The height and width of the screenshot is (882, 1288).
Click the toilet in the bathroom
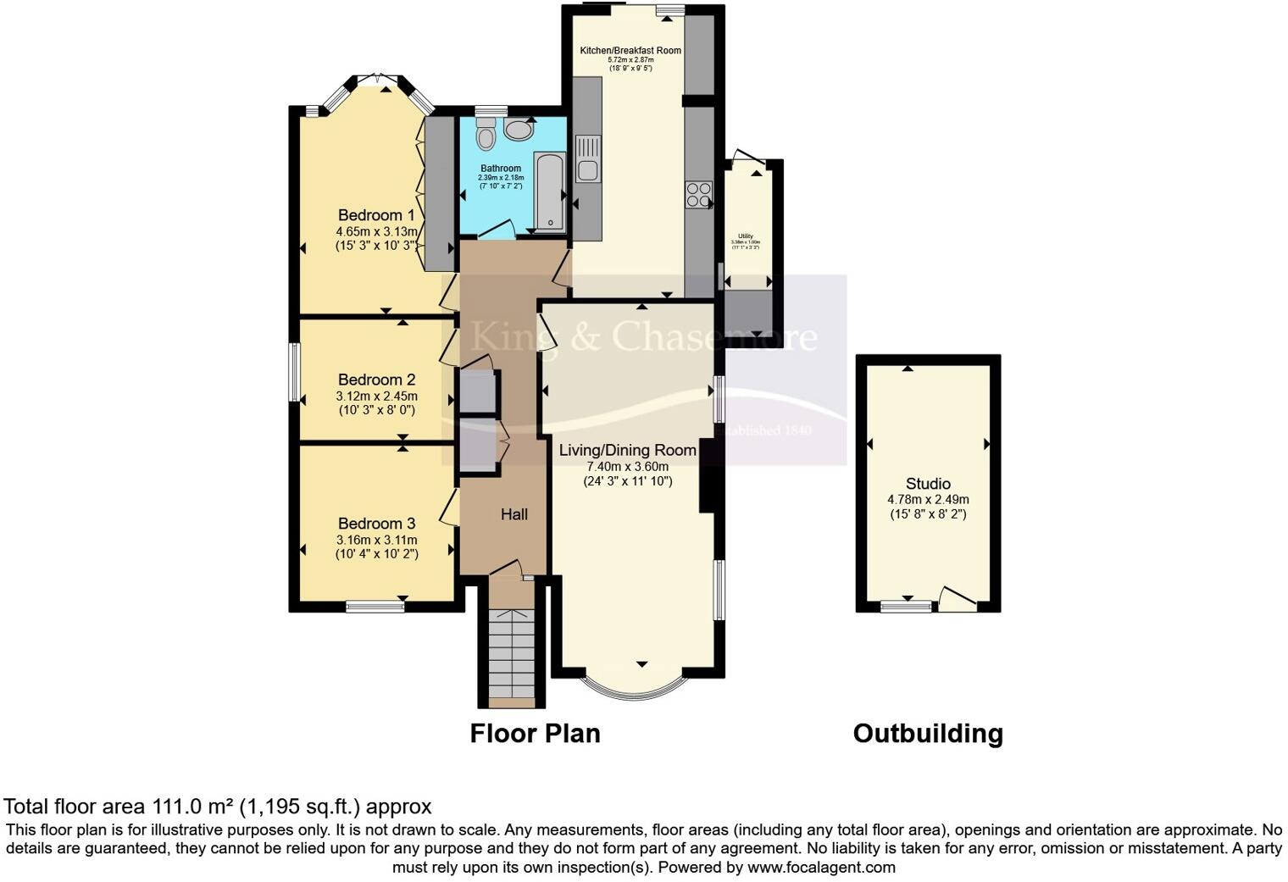point(486,135)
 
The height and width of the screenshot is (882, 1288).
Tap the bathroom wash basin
point(518,130)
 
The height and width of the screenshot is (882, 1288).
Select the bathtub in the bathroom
point(550,192)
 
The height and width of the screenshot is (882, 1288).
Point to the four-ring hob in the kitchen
point(699,195)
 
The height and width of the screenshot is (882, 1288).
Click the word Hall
point(514,514)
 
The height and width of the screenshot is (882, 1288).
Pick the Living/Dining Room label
point(627,450)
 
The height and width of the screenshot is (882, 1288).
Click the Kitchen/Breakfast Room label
point(630,50)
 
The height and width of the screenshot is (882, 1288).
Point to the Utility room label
point(746,236)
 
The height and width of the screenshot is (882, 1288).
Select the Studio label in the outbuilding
point(928,484)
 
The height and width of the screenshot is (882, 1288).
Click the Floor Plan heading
point(535,733)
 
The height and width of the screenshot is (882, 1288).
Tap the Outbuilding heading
point(928,733)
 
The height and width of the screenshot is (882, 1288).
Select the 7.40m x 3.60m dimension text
point(627,467)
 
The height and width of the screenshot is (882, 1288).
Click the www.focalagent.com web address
point(821,867)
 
